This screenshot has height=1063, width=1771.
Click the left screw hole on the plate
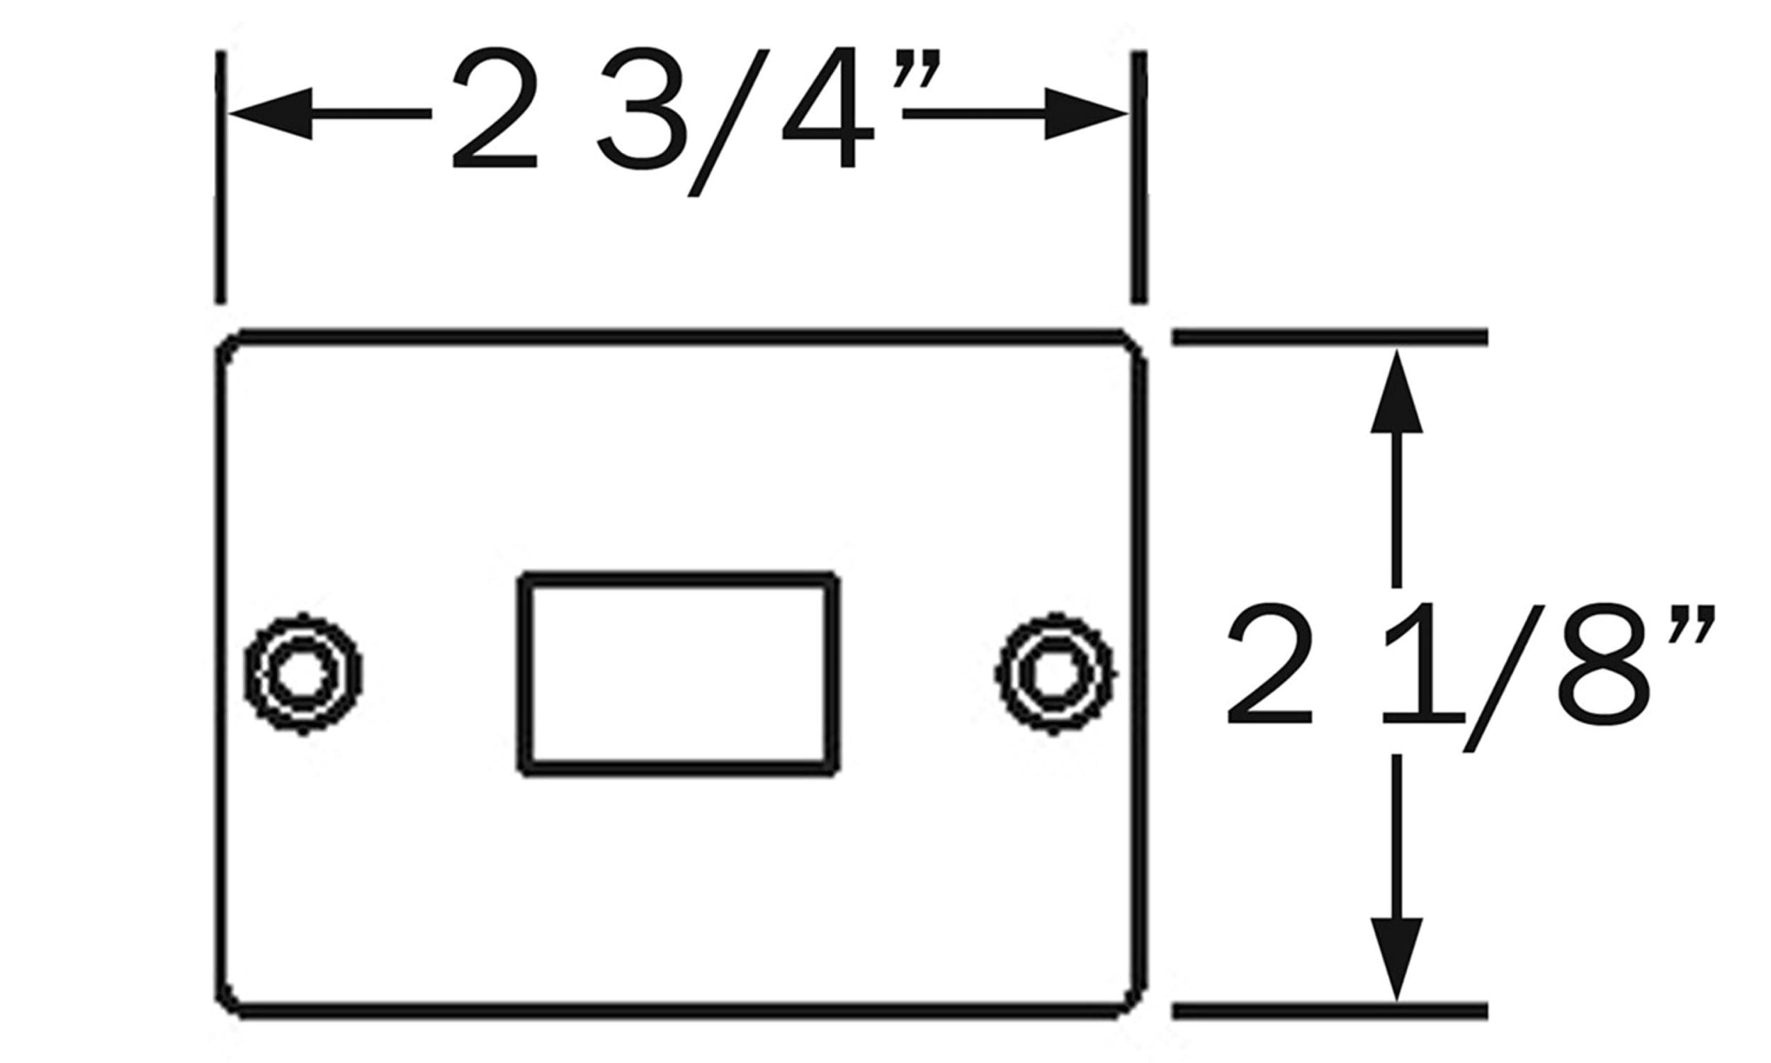click(302, 673)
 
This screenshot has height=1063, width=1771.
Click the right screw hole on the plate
click(1055, 673)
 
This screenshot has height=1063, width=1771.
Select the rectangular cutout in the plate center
click(678, 673)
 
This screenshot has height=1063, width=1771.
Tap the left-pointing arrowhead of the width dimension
click(271, 114)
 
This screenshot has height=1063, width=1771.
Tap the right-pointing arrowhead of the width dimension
click(1086, 114)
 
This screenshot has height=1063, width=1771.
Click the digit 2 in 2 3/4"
click(494, 108)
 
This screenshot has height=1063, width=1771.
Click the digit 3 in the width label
click(639, 108)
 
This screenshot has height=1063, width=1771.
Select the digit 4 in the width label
click(827, 108)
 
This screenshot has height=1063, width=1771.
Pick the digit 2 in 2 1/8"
click(1270, 663)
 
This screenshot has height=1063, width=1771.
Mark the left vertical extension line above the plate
click(220, 177)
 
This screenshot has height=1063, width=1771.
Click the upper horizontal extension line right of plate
click(1330, 336)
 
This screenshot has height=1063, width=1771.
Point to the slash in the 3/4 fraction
click(728, 123)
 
